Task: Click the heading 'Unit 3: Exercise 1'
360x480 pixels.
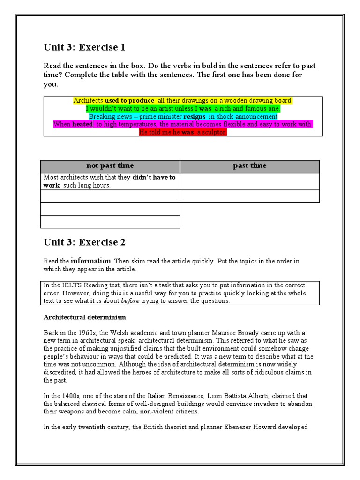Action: pyautogui.click(x=84, y=47)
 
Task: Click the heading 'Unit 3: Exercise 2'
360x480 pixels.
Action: pyautogui.click(x=84, y=242)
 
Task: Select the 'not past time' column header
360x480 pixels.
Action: pyautogui.click(x=110, y=165)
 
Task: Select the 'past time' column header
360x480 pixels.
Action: pyautogui.click(x=249, y=165)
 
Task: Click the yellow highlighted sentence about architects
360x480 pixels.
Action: pyautogui.click(x=183, y=101)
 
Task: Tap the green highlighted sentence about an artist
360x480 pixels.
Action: pyautogui.click(x=183, y=108)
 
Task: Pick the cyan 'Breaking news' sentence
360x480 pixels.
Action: pyautogui.click(x=183, y=116)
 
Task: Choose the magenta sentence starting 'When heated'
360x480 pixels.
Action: pyautogui.click(x=183, y=124)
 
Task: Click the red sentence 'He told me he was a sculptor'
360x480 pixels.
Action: pyautogui.click(x=183, y=132)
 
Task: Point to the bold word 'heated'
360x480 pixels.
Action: pyautogui.click(x=82, y=124)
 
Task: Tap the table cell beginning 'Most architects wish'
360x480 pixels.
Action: pyautogui.click(x=110, y=181)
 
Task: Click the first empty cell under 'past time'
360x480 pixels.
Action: pyautogui.click(x=249, y=181)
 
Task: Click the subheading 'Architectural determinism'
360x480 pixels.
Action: pyautogui.click(x=84, y=317)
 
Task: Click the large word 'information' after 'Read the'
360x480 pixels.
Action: pyautogui.click(x=90, y=261)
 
